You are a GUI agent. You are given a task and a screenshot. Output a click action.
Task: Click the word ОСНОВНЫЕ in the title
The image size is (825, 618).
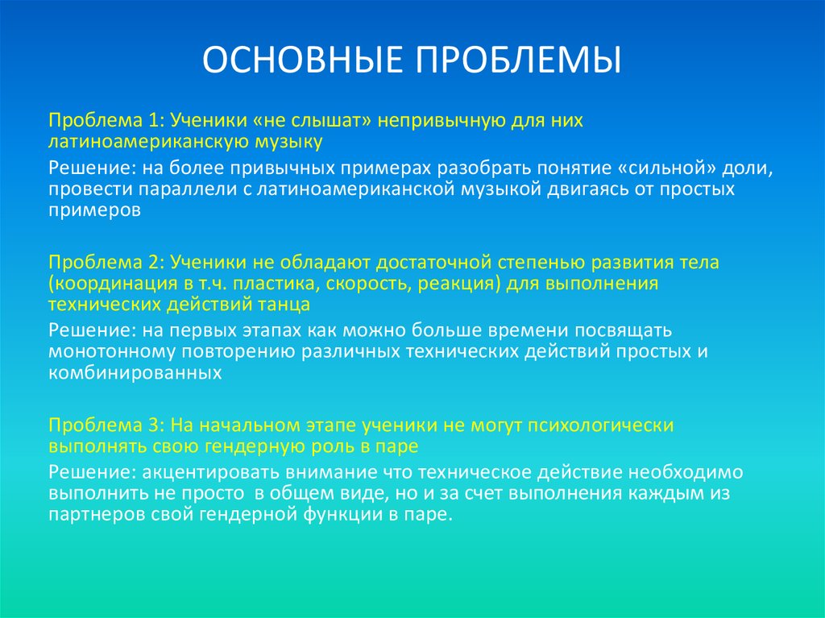[302, 62]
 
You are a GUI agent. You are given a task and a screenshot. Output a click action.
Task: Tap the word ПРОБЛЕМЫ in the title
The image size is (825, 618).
[519, 62]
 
